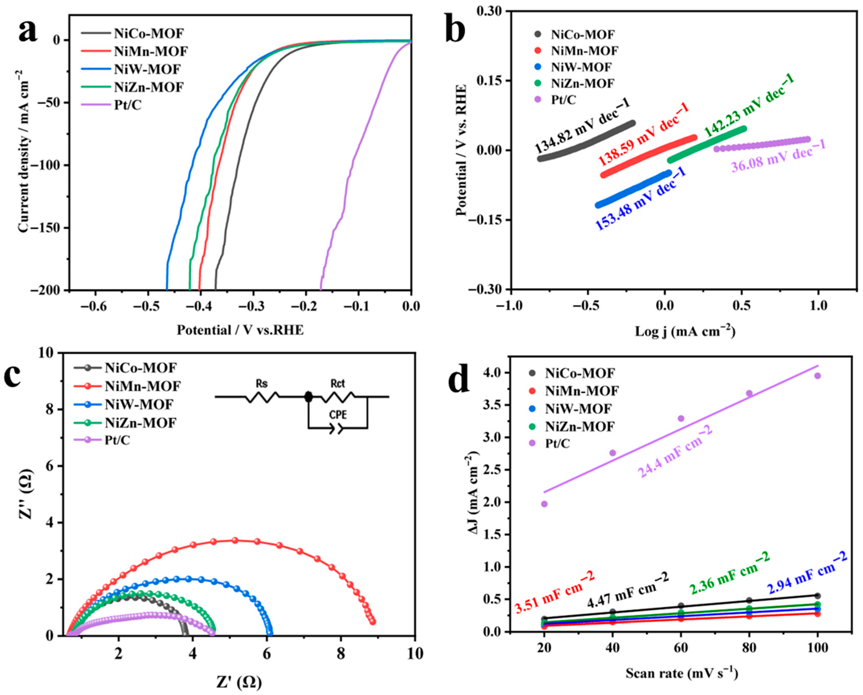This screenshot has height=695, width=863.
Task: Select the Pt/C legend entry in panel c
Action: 117,440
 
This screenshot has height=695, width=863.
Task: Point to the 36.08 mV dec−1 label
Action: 779,156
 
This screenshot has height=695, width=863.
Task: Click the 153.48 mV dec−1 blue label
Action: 641,199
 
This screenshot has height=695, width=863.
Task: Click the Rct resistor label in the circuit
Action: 338,383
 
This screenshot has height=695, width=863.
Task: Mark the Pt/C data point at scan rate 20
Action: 544,504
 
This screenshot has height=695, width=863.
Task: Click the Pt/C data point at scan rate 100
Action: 817,376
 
